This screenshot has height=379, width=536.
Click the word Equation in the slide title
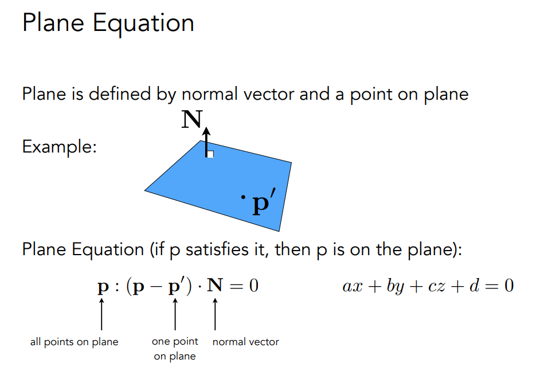coord(143,24)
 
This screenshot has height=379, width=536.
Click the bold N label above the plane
coord(192,119)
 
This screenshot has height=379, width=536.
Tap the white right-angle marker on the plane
coord(210,154)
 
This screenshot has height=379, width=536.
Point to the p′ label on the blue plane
coord(264,202)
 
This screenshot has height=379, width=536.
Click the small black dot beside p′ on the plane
coord(244,197)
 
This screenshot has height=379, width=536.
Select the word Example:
coord(60,147)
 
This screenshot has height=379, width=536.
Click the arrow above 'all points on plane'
coord(101,314)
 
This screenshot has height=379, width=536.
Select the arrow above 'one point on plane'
coord(175,314)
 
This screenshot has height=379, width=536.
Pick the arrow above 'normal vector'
coord(215,314)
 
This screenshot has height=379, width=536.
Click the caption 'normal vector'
coord(246,342)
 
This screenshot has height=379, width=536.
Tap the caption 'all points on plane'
coord(74,342)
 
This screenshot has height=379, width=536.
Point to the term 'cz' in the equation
coord(436,286)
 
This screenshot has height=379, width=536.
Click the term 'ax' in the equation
coord(353,286)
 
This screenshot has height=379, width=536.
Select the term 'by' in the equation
coord(396,286)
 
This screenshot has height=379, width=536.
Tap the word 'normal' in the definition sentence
coord(209,93)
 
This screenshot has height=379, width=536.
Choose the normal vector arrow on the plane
coord(206,143)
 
